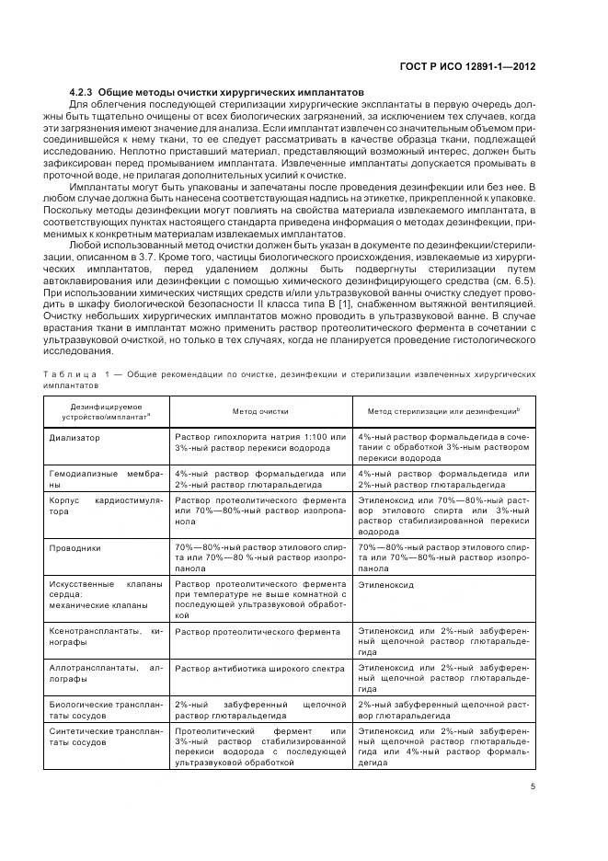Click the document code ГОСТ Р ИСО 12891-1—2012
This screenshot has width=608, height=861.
[467, 66]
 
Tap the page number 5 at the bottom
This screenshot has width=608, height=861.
[533, 786]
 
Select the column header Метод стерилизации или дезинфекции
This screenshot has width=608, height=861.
[443, 412]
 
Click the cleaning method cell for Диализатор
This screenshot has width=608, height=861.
[260, 442]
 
